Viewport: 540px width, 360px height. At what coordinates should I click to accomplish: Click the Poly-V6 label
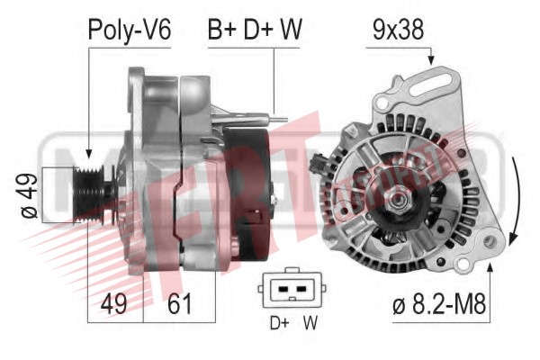point(129,31)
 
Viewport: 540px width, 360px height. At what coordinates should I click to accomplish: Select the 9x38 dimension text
point(398,30)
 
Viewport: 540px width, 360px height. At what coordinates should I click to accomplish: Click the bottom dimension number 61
point(179,303)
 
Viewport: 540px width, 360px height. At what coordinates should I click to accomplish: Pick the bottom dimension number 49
point(114,303)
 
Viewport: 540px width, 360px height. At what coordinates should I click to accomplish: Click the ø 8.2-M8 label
point(439,304)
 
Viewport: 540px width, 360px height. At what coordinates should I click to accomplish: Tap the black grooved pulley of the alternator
point(90,194)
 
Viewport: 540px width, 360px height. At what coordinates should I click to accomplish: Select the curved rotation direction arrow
point(517,200)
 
